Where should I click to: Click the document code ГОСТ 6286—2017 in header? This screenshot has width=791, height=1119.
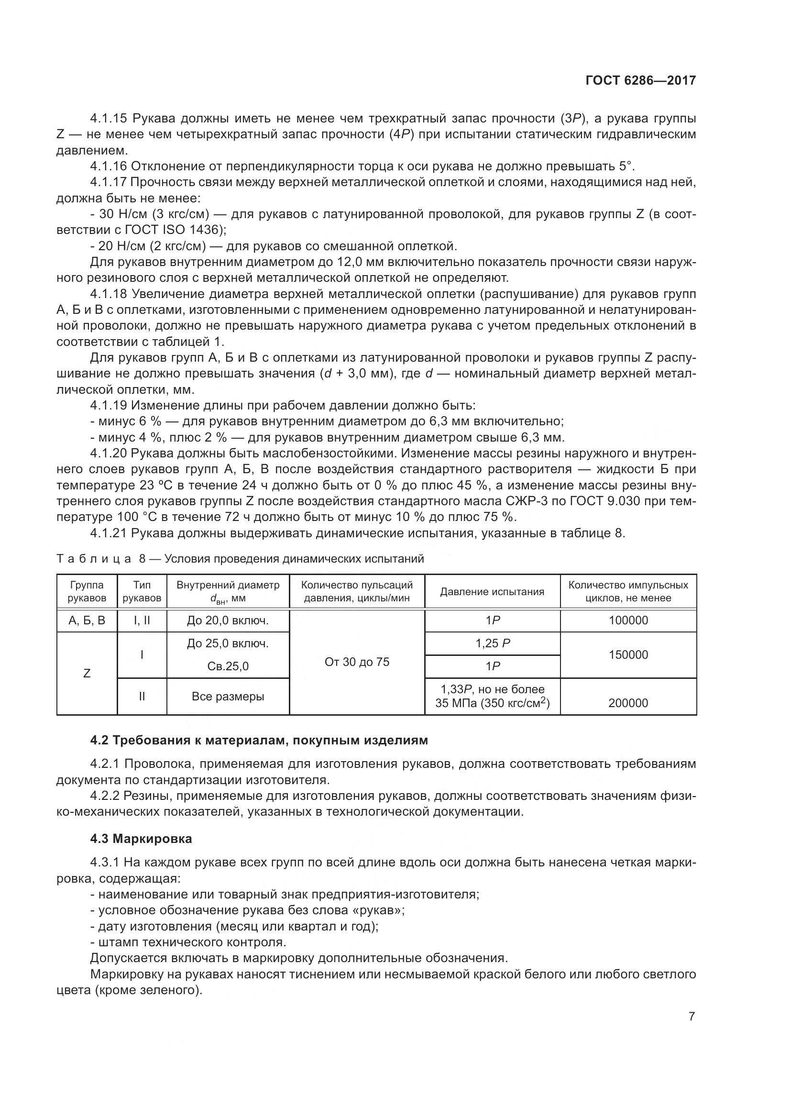point(640,80)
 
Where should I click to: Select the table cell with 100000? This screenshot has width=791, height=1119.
point(628,620)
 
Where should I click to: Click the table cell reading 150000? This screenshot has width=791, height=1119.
point(628,654)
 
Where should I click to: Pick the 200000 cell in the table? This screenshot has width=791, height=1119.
point(628,703)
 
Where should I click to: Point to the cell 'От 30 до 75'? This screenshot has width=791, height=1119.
point(357,662)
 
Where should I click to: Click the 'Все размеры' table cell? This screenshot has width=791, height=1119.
point(228,697)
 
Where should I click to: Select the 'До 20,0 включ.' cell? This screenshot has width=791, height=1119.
point(228,620)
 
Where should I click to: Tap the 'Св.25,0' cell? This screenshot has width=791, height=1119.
point(228,666)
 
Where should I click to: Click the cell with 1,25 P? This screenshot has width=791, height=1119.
point(493,643)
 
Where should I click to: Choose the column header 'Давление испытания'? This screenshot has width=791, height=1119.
point(492,592)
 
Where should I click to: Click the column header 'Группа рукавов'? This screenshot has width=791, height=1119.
point(87,591)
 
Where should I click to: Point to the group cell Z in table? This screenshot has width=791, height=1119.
point(87,674)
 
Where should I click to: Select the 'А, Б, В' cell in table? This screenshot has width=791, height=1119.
point(87,620)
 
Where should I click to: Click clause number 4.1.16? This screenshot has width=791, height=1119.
point(108,166)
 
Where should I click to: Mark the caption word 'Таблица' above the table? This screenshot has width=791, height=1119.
point(94,559)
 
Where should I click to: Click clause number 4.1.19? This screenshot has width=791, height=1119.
point(109,406)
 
